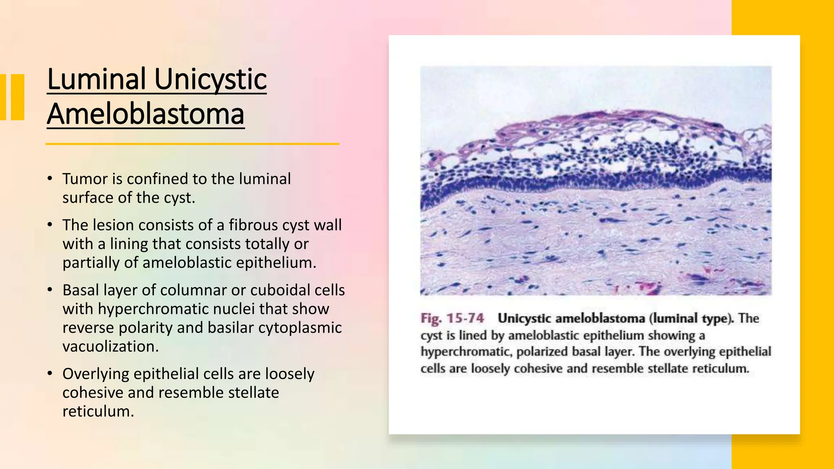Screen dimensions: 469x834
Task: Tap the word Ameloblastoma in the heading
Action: tap(145, 114)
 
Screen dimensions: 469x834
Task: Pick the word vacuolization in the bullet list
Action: tap(110, 346)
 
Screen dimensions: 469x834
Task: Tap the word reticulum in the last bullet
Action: tap(98, 411)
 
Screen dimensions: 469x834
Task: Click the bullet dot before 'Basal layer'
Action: tap(50, 290)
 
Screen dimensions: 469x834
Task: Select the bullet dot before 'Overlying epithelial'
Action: tap(50, 373)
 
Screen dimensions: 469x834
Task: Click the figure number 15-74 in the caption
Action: tap(465, 318)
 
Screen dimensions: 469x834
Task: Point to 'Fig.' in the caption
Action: tap(431, 318)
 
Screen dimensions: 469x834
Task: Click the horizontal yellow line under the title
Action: tap(192, 144)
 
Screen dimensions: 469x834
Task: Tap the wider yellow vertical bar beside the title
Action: tap(18, 97)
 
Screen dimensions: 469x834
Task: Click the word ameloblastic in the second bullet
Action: tap(187, 263)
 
